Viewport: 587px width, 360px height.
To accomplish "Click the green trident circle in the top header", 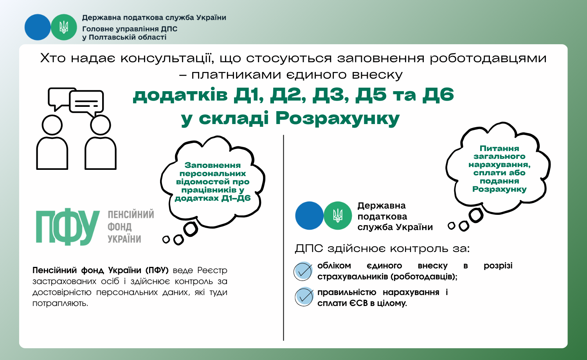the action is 64,27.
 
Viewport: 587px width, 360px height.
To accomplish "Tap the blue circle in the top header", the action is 38,27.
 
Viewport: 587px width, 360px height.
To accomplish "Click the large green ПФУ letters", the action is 68,227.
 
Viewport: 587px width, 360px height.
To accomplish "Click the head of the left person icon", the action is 52,125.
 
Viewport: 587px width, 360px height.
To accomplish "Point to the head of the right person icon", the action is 100,125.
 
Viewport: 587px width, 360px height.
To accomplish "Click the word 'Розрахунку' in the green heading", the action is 337,119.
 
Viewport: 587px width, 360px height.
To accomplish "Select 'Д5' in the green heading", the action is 371,95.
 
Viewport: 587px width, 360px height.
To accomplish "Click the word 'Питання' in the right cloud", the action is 499,149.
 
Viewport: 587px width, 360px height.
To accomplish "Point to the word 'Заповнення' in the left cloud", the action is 212,166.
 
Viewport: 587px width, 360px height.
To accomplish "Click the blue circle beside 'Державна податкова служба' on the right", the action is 309,216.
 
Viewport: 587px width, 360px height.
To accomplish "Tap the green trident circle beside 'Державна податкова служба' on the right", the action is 338,216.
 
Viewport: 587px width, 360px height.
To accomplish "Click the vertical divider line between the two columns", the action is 284,238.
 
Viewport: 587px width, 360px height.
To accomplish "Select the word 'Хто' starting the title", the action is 53,58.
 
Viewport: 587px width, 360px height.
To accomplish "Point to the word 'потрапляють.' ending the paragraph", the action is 60,303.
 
